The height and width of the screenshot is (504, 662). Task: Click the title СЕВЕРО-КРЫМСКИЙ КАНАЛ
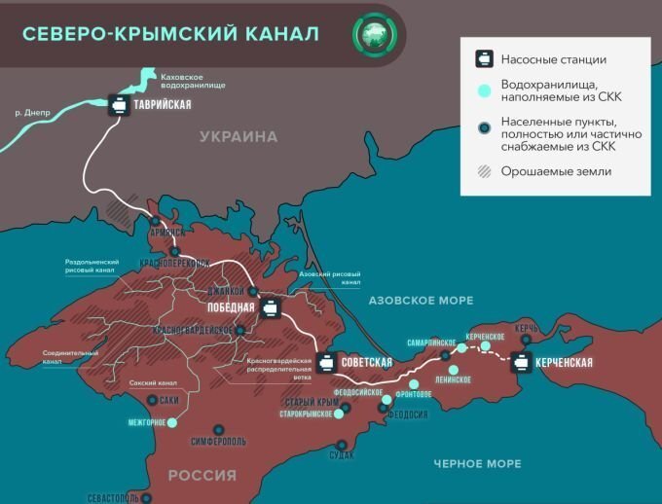(170, 34)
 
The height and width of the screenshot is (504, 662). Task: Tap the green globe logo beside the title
(374, 34)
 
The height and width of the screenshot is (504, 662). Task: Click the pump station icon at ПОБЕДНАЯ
(270, 309)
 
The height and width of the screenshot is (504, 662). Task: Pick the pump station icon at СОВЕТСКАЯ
(328, 362)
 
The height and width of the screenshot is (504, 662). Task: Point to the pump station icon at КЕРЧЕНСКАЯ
(521, 362)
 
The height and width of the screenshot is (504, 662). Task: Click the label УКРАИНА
(239, 137)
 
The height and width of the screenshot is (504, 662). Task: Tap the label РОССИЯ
(202, 475)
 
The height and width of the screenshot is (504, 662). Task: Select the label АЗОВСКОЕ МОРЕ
(421, 301)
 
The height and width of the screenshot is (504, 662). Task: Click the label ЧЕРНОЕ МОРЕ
(477, 464)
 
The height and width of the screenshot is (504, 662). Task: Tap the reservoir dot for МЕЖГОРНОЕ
(172, 423)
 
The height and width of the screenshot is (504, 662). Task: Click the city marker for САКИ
(151, 400)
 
